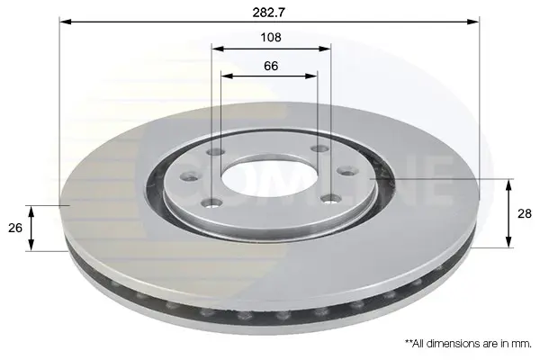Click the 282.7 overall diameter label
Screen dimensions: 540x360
269,13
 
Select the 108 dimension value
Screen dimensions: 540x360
271,37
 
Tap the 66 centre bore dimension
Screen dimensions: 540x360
271,66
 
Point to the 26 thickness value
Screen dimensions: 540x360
15,228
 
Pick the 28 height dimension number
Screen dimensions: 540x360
525,213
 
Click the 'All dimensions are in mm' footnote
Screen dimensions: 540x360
468,343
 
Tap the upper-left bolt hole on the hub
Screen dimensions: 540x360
216,151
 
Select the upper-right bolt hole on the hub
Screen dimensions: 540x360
319,148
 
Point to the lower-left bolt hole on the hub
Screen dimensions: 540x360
211,203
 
